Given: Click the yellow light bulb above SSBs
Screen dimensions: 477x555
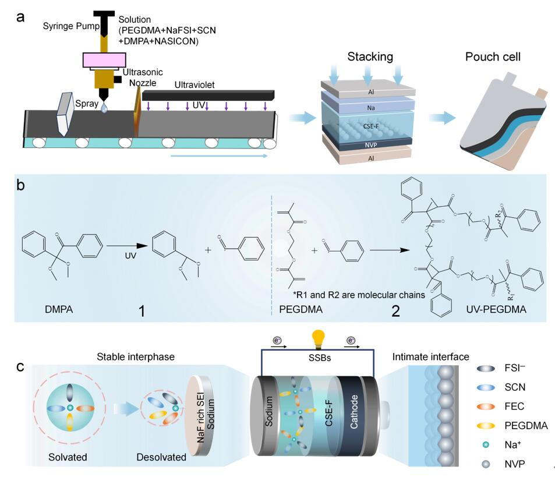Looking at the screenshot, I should [x=319, y=338].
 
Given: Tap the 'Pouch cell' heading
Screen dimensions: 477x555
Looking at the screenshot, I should [x=493, y=57].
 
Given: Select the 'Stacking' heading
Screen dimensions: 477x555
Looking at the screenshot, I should [x=370, y=57].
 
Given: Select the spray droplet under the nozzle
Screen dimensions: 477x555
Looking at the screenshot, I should [x=104, y=108].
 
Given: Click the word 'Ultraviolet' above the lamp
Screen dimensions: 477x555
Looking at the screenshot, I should [x=195, y=85].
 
